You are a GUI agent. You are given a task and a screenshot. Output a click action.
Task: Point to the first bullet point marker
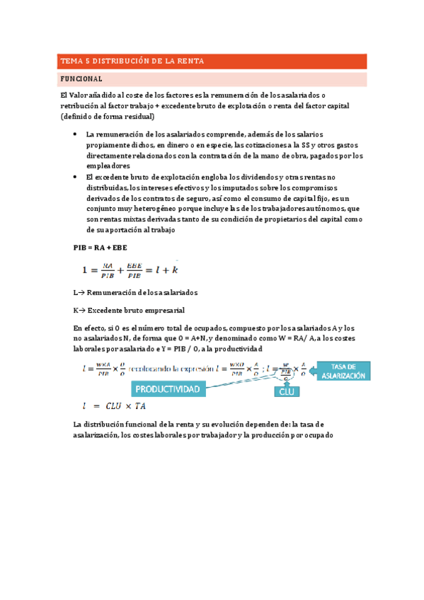[x=76, y=134]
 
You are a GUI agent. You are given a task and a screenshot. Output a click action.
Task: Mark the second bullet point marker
[x=76, y=176]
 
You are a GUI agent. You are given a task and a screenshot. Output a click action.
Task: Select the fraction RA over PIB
[x=107, y=270]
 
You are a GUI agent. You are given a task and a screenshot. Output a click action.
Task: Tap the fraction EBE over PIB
[x=134, y=270]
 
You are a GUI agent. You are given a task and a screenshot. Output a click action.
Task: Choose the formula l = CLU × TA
[x=115, y=408]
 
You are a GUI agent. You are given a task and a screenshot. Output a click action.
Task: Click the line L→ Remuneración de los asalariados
[x=134, y=292]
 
